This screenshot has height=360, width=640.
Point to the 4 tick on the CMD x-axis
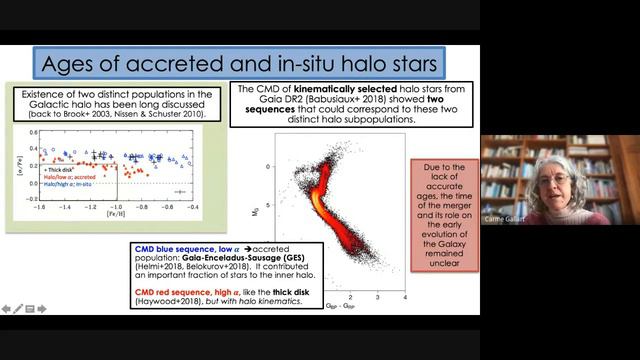click(403, 297)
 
